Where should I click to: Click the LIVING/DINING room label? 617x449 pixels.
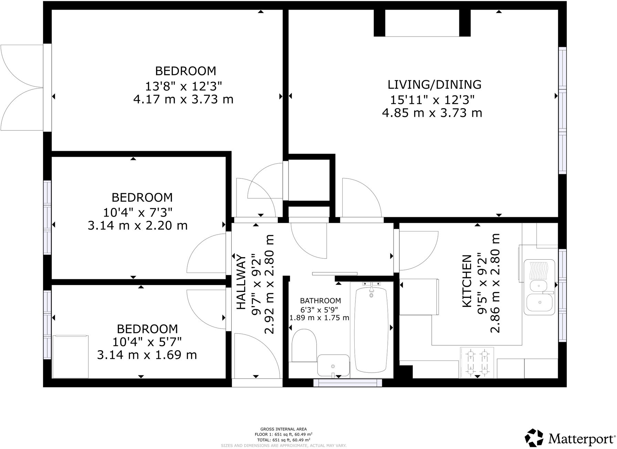coord(435,84)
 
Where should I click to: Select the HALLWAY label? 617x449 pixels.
coord(241,282)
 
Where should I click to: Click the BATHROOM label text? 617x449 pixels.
coord(320,301)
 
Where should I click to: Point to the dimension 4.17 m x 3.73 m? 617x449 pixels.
coord(183,100)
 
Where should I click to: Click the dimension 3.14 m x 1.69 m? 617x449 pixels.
coord(147,355)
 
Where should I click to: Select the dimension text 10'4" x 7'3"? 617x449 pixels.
coord(138,212)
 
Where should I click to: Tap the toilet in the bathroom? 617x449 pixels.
coord(304,344)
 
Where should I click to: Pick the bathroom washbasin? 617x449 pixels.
coord(333,365)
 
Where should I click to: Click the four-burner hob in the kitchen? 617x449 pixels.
coord(477,362)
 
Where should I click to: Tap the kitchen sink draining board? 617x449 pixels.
coord(539,270)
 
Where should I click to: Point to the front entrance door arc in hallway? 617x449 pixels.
coord(257,355)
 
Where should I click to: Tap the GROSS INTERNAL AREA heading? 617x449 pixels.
coord(283,429)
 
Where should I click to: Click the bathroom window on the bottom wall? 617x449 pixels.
coord(348,383)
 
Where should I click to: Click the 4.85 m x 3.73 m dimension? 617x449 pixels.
coord(432,113)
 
